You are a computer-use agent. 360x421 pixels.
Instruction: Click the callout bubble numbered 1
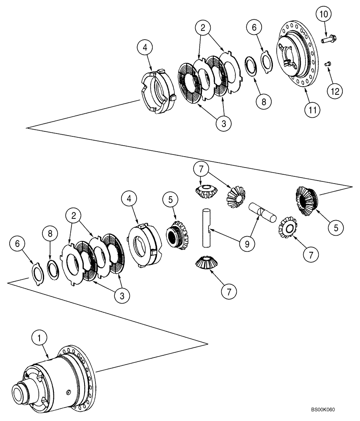pyautogui.click(x=40, y=337)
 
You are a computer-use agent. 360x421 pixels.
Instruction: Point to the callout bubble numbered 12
pyautogui.click(x=336, y=90)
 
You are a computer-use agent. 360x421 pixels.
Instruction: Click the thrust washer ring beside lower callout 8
pyautogui.click(x=53, y=269)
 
